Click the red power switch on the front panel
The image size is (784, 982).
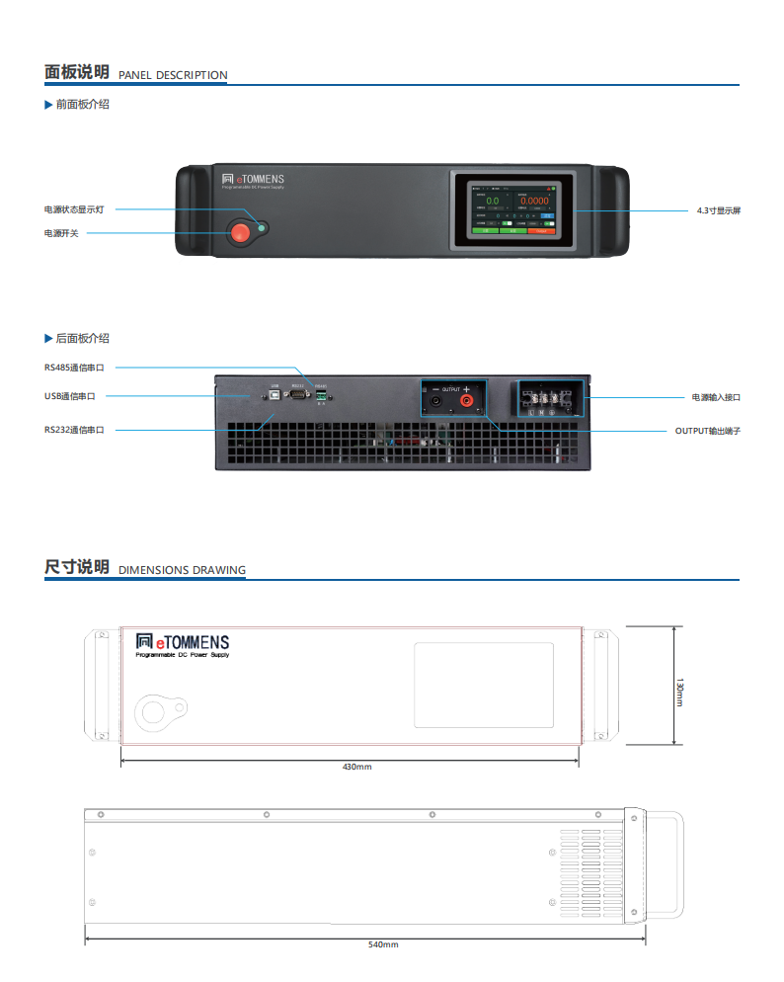[x=240, y=233]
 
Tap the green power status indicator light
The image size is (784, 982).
[x=262, y=228]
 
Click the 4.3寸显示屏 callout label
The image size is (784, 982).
[x=718, y=210]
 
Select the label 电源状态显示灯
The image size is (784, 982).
[x=74, y=209]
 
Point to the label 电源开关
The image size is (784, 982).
[x=61, y=233]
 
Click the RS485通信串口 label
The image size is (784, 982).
[x=74, y=367]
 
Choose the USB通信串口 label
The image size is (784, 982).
[x=70, y=396]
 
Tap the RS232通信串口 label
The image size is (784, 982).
[x=74, y=430]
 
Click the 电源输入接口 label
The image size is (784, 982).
[x=716, y=397]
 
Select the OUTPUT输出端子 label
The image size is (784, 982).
[x=707, y=431]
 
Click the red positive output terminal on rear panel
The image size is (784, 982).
[x=467, y=402]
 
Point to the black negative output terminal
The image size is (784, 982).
[x=435, y=402]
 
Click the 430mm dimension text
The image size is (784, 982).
[x=356, y=767]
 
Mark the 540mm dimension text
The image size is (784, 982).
[x=383, y=945]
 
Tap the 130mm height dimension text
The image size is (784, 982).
[x=679, y=692]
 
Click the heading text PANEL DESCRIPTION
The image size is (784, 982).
[x=173, y=75]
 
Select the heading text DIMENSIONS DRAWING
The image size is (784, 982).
[x=182, y=570]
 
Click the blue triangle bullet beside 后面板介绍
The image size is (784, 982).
[x=48, y=339]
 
